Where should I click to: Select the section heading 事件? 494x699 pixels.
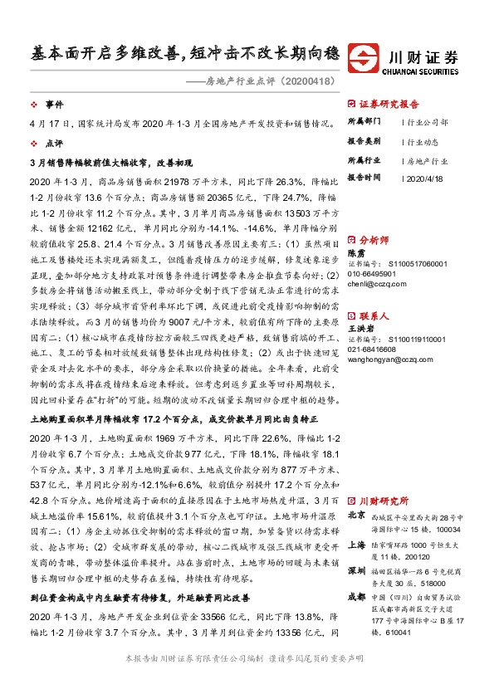pos(54,105)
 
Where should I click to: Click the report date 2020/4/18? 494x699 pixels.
pos(425,178)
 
